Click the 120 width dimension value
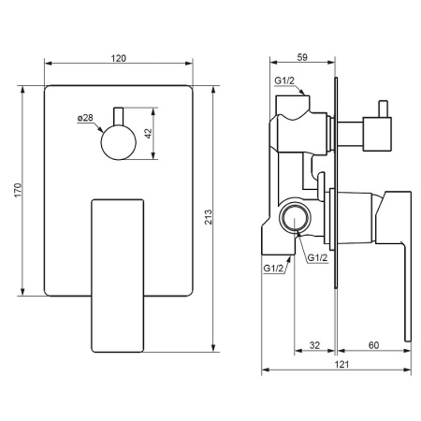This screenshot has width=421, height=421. click(x=119, y=58)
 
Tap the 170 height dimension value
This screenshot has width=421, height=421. click(x=18, y=190)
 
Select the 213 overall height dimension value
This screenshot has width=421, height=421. click(x=208, y=217)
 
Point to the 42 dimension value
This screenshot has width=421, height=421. click(x=149, y=134)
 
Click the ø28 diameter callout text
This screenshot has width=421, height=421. click(x=85, y=118)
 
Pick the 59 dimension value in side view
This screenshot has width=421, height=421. click(x=302, y=57)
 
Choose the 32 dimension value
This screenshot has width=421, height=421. click(x=314, y=345)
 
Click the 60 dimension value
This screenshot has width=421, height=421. click(x=373, y=345)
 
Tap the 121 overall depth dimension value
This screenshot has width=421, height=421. click(x=341, y=364)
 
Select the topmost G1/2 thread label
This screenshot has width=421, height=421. click(x=284, y=80)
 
